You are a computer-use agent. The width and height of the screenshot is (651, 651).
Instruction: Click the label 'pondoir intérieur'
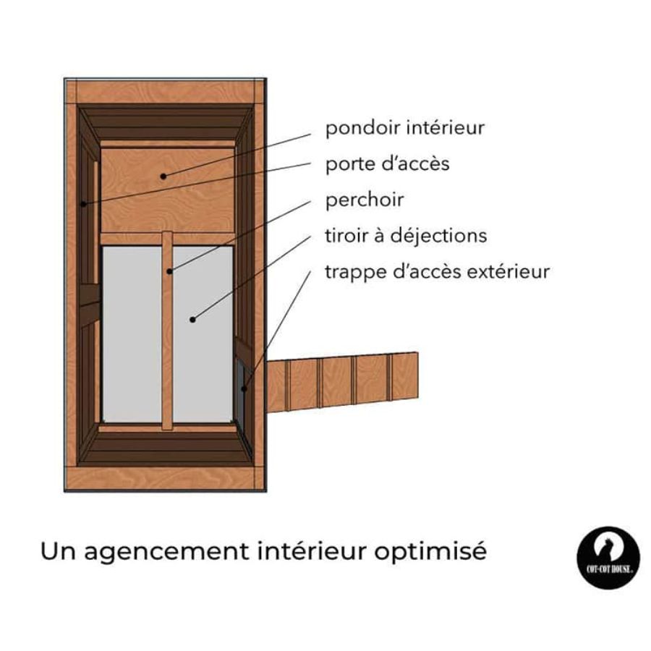405,128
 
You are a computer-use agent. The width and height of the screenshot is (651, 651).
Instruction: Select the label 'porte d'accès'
388,163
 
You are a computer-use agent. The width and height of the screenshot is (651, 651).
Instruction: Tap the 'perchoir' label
364,200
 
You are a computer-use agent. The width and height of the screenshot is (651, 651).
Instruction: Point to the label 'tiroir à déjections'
406,236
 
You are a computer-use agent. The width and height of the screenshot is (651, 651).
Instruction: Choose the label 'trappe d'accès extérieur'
437,272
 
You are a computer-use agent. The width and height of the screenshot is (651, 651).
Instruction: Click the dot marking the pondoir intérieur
163,176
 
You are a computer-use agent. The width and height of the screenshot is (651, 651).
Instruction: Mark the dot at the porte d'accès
83,204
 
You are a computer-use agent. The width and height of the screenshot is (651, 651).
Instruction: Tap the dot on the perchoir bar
169,271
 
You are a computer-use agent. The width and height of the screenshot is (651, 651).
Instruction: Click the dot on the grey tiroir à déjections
192,320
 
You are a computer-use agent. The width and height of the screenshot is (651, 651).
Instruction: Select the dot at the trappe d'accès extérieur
244,389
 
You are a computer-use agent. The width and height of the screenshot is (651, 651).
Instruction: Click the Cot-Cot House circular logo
608,558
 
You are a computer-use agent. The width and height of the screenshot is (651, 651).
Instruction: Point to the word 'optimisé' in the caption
430,552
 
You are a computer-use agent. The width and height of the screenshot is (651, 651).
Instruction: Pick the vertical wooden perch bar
167,330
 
